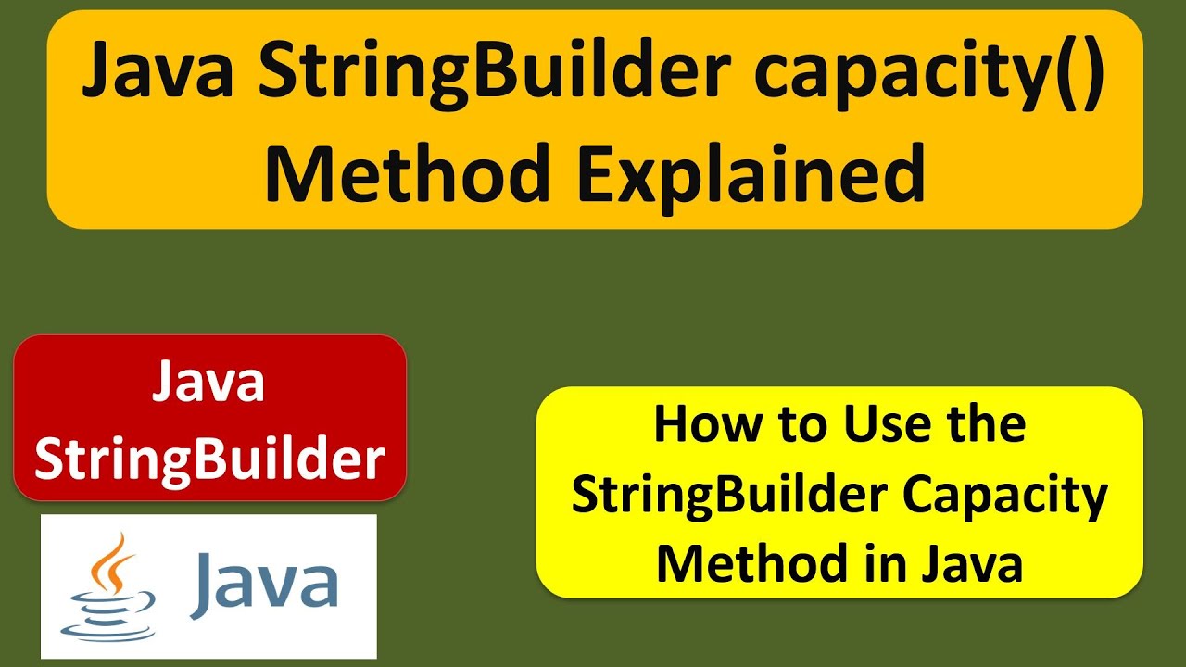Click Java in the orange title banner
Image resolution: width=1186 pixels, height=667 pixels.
[158, 76]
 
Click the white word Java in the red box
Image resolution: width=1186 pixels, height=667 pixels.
[209, 383]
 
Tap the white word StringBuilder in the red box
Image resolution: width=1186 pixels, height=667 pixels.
[209, 458]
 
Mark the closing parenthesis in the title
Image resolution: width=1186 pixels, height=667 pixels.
[1094, 76]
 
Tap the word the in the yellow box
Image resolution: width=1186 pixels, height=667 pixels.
[984, 425]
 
